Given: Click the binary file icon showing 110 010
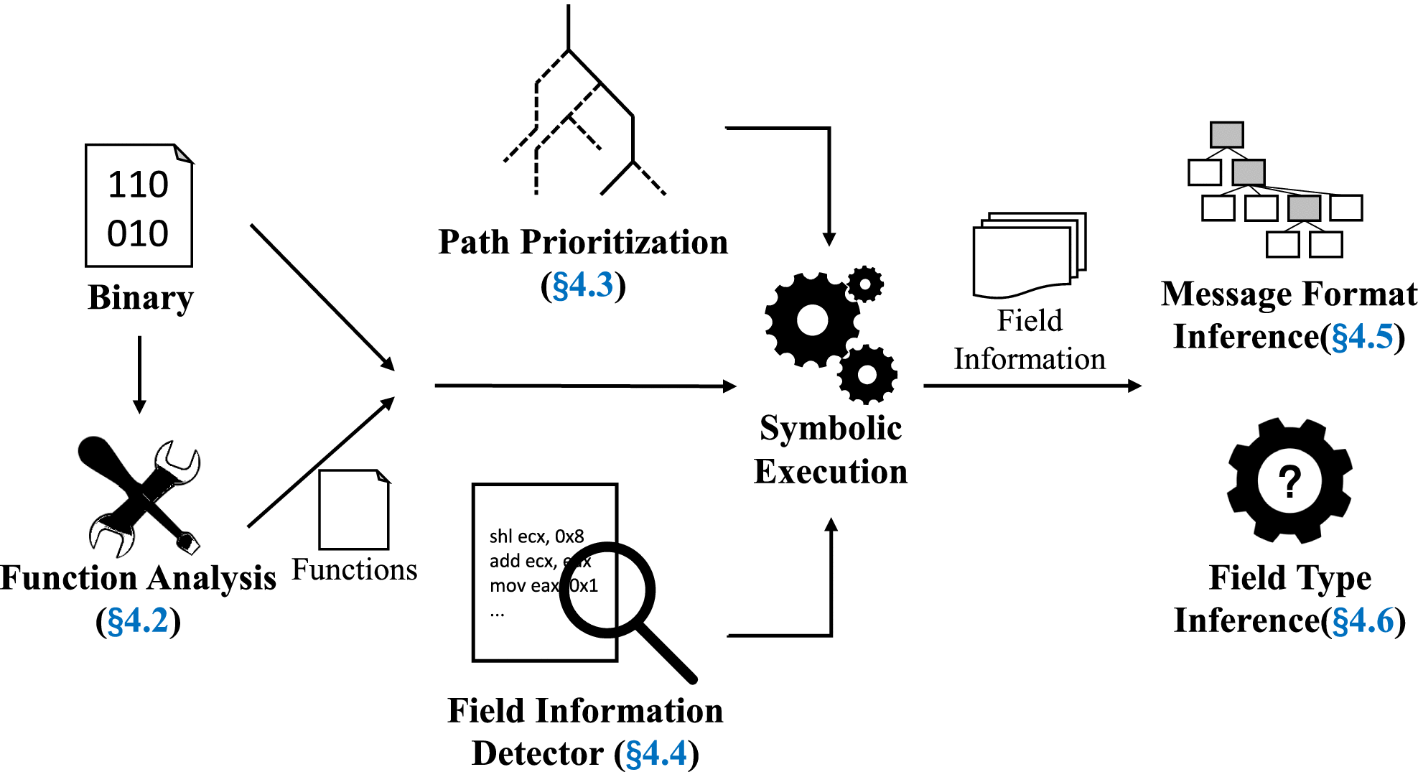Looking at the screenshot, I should coord(139,206).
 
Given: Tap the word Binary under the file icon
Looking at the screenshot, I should coord(141,297).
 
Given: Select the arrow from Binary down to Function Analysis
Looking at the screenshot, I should coord(140,373).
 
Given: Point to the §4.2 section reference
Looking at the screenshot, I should coord(138,620).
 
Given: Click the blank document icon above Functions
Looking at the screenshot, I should coord(354,509).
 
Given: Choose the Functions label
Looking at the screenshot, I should coord(354,569).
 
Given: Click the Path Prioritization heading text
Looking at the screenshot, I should coord(583,242).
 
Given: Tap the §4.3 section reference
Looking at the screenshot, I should coord(583,285).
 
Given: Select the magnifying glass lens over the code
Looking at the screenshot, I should coord(607,590).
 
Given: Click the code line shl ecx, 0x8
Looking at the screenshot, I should coord(536,536).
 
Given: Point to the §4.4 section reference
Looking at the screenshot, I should coord(656,753).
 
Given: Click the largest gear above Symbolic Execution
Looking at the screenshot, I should coord(813,320).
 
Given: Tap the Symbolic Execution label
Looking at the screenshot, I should coord(831,450).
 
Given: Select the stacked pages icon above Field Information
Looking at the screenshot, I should coord(1028,255).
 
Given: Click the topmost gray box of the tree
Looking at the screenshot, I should coord(1226,134).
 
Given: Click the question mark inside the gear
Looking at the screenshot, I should coord(1289,481).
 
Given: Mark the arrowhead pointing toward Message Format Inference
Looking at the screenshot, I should coord(1134,386).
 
